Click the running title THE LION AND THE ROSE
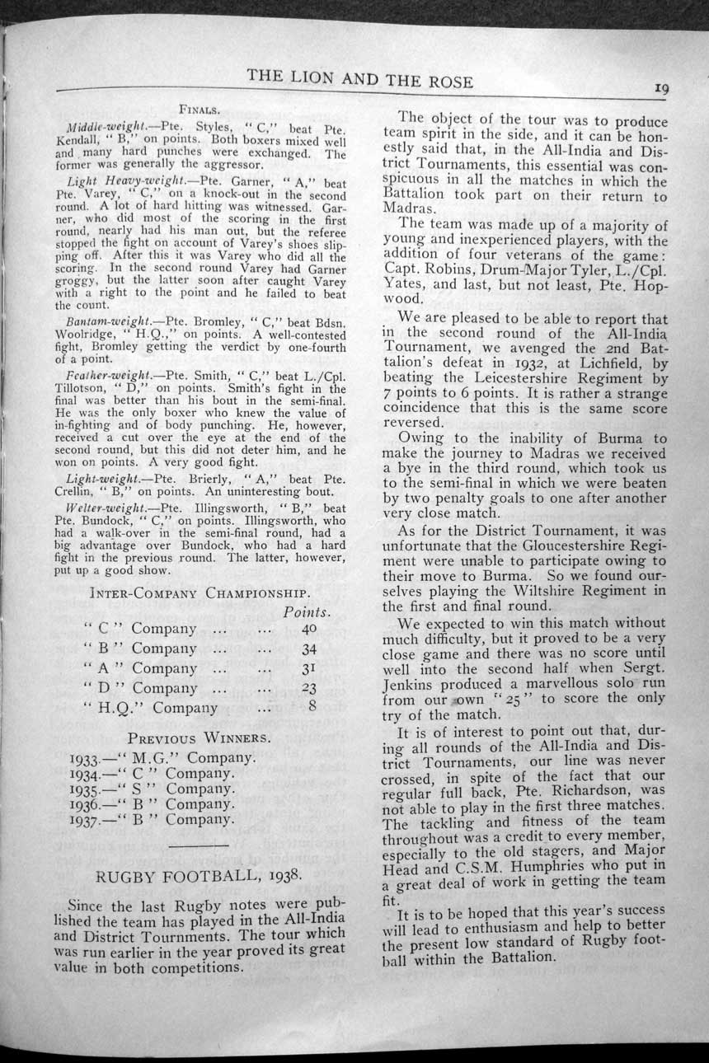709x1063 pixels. click(360, 79)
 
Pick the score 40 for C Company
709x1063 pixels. click(309, 629)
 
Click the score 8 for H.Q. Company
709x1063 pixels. click(312, 707)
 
